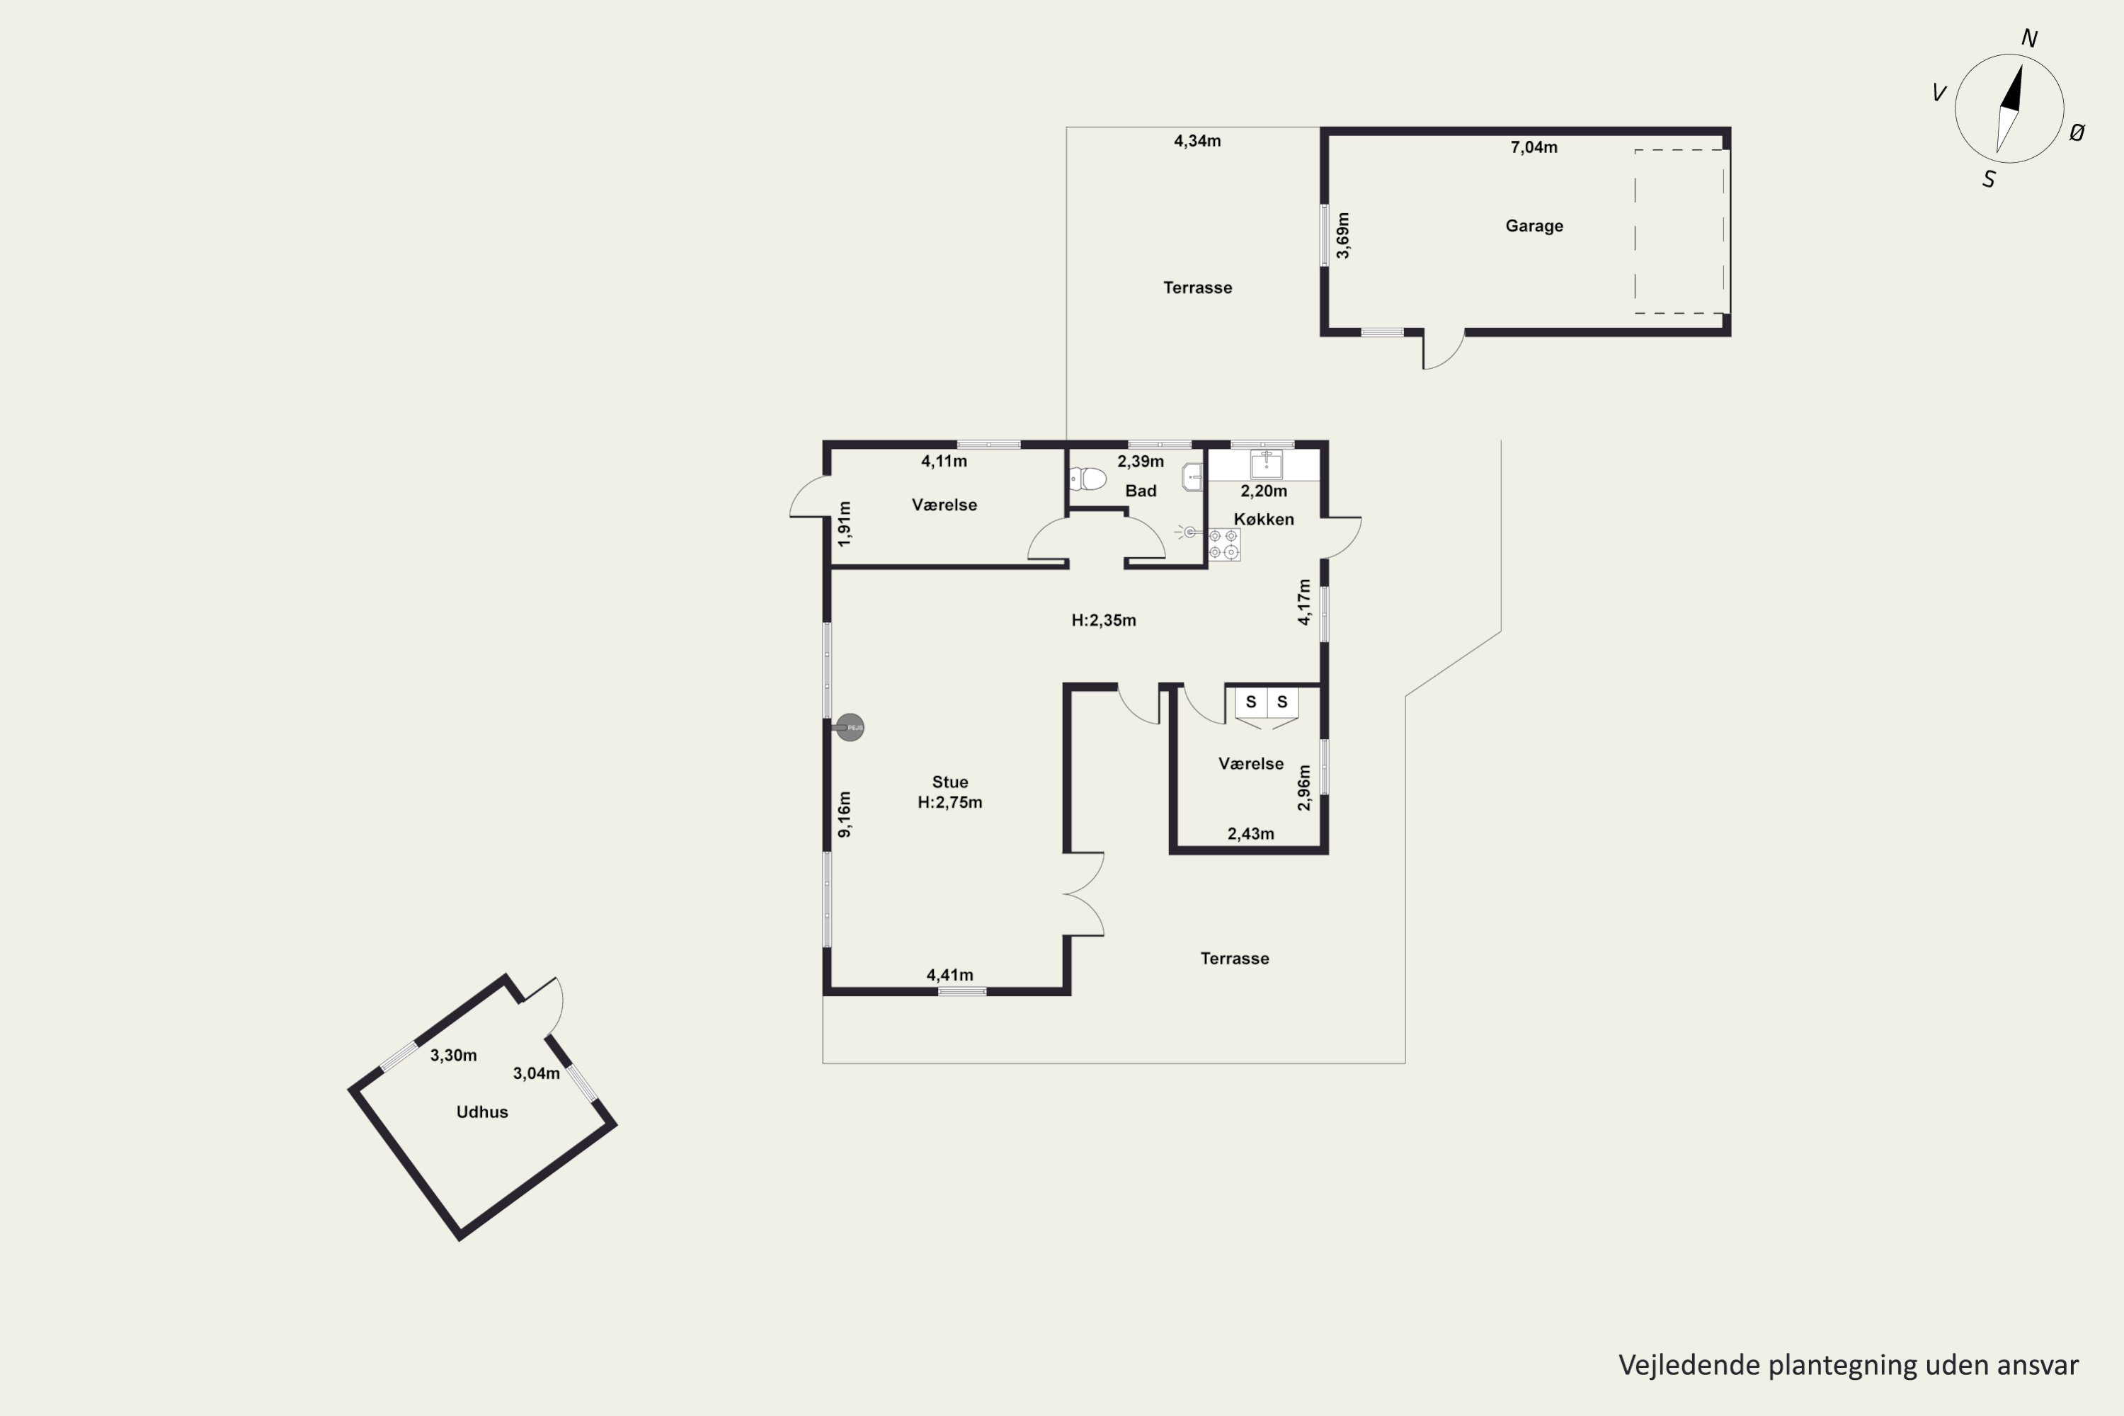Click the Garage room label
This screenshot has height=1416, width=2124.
tap(1534, 226)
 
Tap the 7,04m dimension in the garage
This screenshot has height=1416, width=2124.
tap(1534, 147)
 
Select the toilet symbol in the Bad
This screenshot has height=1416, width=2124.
tap(1088, 479)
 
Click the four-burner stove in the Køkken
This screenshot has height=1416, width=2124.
tap(1223, 544)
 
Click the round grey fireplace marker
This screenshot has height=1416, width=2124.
tap(850, 727)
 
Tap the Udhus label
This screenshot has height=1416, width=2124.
tap(482, 1112)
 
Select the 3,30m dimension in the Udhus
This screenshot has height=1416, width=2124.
tap(453, 1055)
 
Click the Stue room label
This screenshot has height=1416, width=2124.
tap(950, 782)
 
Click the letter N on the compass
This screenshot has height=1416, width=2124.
tap(2029, 39)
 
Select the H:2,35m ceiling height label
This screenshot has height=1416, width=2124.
tap(1104, 620)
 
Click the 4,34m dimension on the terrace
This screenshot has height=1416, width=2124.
tap(1197, 141)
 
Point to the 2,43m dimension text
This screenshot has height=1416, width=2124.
tap(1251, 833)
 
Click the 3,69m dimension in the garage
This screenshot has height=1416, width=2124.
tap(1343, 236)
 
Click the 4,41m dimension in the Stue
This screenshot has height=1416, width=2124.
tap(950, 976)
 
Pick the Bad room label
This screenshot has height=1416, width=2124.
tap(1141, 491)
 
